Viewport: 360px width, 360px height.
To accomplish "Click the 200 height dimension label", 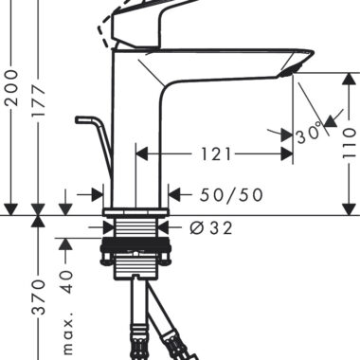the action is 12,88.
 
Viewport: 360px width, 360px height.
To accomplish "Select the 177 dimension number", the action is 39,100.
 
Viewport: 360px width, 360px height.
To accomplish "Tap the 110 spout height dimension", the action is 350,143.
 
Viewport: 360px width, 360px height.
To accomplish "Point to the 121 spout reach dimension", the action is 216,154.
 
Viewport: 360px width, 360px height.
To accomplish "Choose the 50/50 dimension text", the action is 231,195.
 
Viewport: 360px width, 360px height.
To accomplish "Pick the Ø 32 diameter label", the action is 211,227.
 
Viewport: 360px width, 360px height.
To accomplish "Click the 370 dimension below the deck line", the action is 39,297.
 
